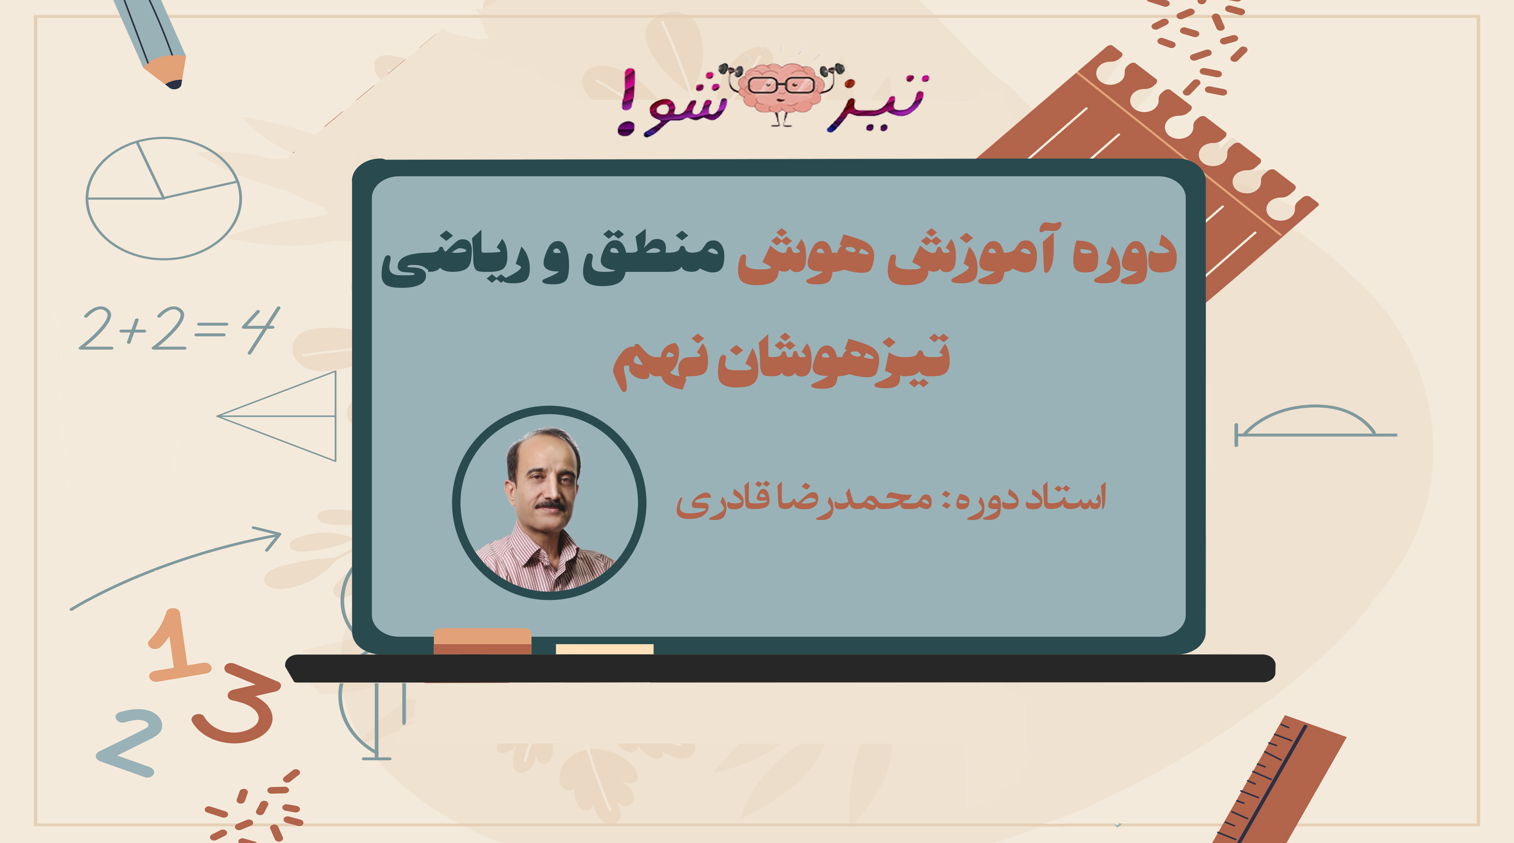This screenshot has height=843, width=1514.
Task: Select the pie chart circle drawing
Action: (x=163, y=199)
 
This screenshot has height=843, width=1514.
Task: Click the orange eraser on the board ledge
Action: (x=482, y=641)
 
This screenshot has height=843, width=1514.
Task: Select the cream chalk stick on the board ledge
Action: (x=604, y=649)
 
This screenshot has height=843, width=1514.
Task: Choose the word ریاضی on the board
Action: (x=456, y=261)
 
